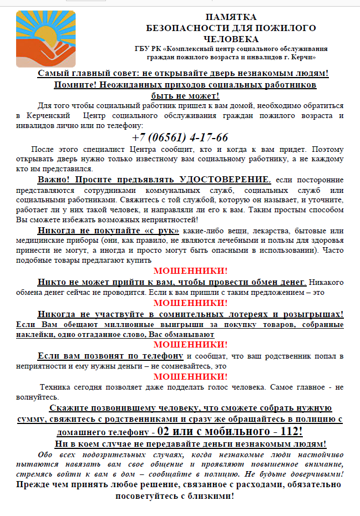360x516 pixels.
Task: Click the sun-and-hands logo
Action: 45,38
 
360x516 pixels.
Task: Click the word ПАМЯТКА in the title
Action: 231,17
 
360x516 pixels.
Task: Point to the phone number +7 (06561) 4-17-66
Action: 180,137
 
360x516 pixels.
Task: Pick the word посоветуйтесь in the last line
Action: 148,495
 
